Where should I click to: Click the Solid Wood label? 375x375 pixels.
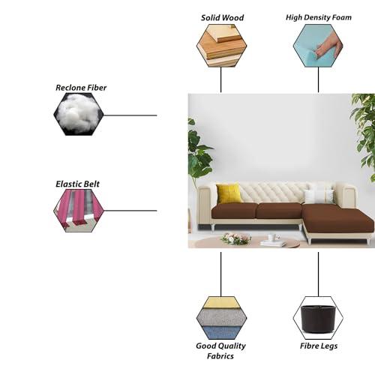pos(222,18)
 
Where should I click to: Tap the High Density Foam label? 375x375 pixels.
pos(319,17)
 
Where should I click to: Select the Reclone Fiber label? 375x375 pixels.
pos(81,88)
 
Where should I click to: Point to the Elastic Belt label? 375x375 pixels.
pos(77,184)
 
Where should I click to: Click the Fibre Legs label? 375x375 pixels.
pos(319,346)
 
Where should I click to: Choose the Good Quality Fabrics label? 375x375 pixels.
pos(220,351)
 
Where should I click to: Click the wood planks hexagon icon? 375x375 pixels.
pos(221,46)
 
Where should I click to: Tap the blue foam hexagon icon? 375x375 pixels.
pos(318,46)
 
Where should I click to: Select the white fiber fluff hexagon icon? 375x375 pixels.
pos(79,114)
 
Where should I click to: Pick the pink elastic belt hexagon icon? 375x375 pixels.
pos(79,211)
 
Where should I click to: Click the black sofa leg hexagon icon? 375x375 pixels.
pos(318,318)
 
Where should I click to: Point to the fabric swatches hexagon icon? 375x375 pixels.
pos(221,318)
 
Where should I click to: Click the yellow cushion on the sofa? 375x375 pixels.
pos(229,193)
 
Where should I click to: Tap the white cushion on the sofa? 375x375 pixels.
pos(319,196)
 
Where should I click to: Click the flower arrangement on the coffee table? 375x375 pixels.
pos(235,238)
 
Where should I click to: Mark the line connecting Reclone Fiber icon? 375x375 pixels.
pos(130,115)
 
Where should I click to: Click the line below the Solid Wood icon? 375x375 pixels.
pos(220,79)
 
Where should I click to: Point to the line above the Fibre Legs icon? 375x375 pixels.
pos(318,274)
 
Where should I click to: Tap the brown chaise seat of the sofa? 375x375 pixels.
pos(337,219)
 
